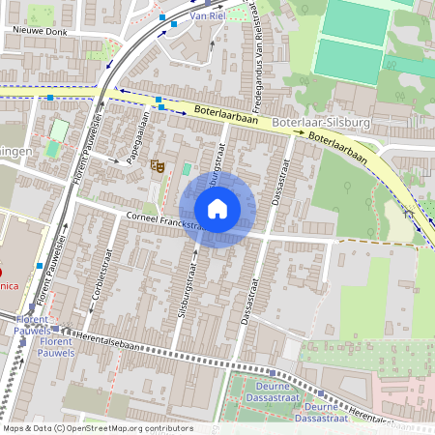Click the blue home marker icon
[217, 208]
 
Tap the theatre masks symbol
[158, 166]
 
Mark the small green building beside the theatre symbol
[187, 169]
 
